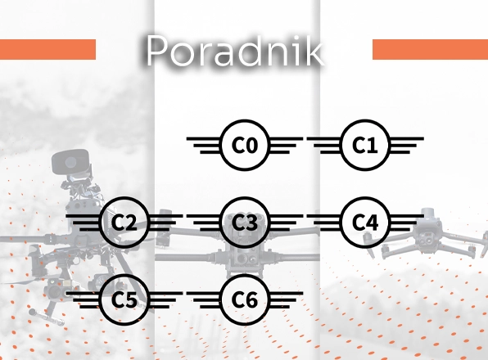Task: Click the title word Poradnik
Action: click(x=234, y=51)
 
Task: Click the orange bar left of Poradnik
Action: click(x=47, y=49)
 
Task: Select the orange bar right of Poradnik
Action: click(x=430, y=49)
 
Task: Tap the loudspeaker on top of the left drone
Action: click(x=71, y=162)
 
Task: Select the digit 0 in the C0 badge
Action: click(x=252, y=145)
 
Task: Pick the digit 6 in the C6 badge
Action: click(x=252, y=300)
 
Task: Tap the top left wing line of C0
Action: click(x=205, y=138)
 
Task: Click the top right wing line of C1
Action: click(x=406, y=138)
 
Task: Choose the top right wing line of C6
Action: click(x=286, y=293)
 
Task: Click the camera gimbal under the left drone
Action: click(x=55, y=289)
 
